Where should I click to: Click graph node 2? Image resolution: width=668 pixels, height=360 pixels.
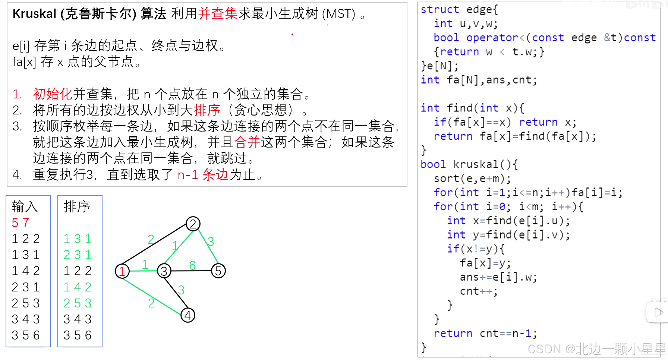[193, 224]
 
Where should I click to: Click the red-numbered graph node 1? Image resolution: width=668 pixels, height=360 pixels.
[122, 271]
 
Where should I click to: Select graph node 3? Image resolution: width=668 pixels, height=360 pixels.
[164, 271]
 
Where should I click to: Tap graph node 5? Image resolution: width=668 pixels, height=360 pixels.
[218, 271]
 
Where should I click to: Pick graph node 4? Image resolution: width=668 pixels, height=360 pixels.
[188, 315]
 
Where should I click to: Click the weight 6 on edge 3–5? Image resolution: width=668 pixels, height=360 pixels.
[192, 265]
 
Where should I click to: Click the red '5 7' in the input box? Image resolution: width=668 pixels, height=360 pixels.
[21, 222]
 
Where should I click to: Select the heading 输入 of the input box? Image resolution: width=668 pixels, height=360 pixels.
[25, 206]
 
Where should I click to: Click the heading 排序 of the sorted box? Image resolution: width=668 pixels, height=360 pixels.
[77, 206]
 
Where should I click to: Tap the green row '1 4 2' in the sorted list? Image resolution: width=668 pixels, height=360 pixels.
[78, 287]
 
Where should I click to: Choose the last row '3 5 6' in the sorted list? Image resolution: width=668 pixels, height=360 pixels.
[78, 335]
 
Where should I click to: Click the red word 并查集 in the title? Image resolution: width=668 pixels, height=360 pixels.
[218, 14]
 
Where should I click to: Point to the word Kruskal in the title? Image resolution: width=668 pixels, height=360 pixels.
[34, 14]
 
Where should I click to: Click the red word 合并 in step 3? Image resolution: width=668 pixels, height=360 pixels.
[247, 142]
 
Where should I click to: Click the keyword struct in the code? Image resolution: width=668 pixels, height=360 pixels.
[440, 9]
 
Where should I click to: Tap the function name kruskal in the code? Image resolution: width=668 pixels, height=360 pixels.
[476, 164]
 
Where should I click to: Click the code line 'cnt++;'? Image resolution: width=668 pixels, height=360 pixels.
[479, 291]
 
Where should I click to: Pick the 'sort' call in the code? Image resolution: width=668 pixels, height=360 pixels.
[447, 179]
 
